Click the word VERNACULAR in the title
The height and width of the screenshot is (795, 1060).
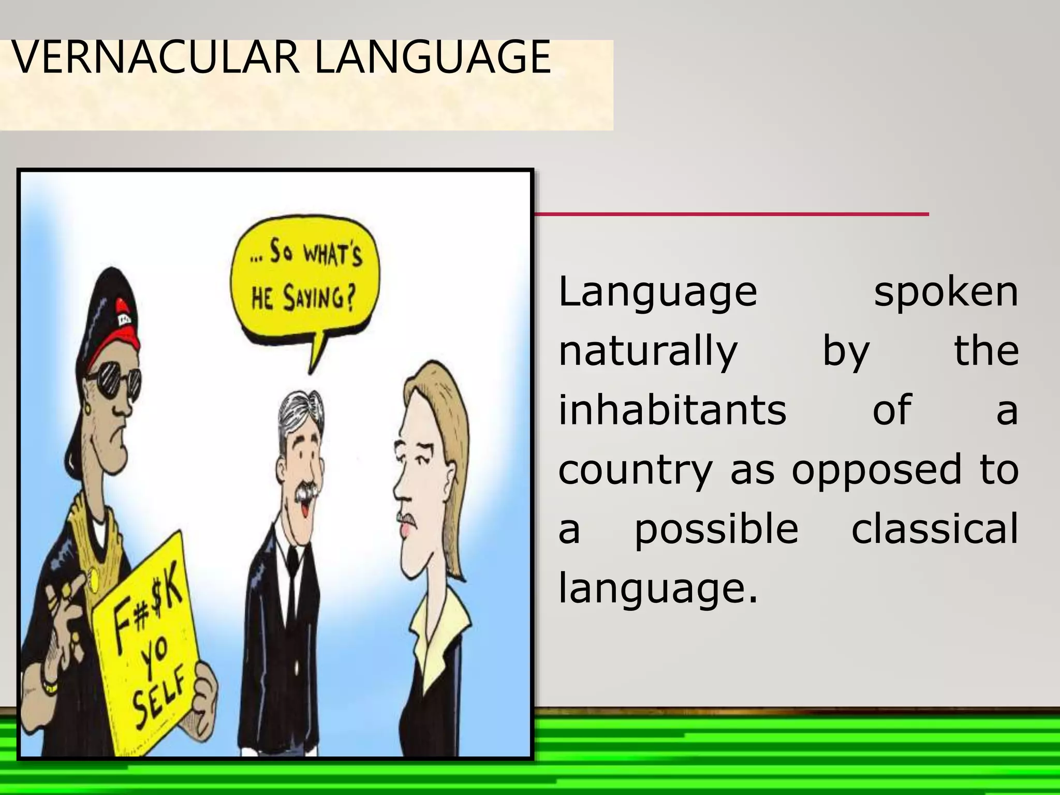[x=155, y=57]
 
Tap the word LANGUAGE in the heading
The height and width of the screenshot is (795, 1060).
[x=433, y=57]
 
